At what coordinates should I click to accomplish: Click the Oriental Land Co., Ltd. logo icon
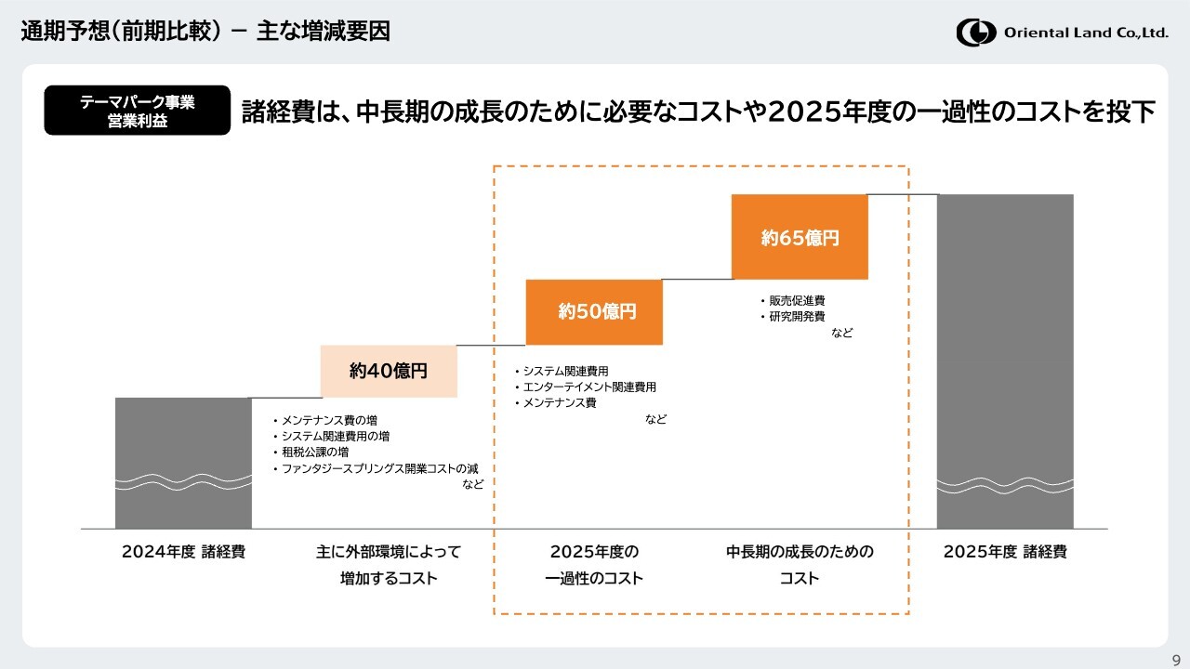pos(976,33)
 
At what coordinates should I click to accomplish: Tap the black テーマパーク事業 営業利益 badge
pos(137,111)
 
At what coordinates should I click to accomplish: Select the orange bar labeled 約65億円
pos(800,237)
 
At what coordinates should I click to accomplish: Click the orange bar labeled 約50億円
pos(594,312)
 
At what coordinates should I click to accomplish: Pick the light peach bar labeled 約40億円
pos(389,371)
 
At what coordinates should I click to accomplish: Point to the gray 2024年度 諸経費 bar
pos(183,463)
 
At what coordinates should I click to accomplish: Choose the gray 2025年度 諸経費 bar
pos(1005,361)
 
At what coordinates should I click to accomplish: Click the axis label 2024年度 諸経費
pos(183,552)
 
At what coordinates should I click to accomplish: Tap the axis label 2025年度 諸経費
pos(1005,552)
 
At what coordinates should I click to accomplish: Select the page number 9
pos(1176,661)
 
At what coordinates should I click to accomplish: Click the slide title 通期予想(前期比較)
pos(121,31)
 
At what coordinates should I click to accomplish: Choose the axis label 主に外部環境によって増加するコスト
pos(389,565)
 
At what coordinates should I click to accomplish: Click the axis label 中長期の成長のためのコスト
pos(800,565)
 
